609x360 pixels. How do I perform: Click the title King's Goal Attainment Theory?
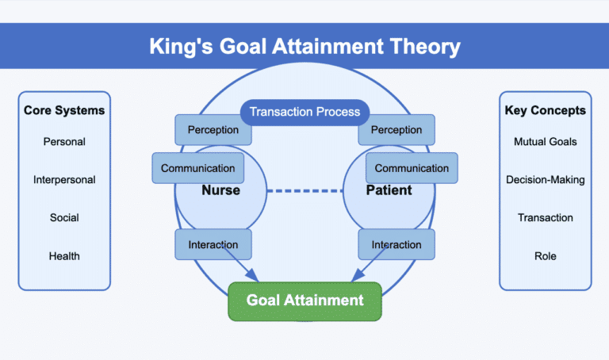(304, 46)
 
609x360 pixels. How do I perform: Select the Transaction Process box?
(304, 112)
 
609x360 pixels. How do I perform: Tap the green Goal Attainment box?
(304, 300)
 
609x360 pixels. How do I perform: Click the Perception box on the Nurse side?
(213, 129)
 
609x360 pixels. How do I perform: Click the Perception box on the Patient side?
(397, 129)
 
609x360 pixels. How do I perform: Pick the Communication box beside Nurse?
(197, 168)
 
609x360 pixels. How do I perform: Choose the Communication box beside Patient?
(412, 168)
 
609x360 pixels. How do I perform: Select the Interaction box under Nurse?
(213, 244)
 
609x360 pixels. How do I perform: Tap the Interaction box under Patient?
(397, 244)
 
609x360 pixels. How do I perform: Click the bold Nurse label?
(220, 191)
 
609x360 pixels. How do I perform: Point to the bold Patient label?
(389, 191)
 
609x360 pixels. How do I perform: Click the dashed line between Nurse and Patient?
(304, 191)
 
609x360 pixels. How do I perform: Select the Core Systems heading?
(64, 110)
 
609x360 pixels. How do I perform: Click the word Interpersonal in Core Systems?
(64, 180)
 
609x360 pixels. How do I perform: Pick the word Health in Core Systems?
(64, 256)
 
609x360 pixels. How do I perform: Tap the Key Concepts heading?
(545, 110)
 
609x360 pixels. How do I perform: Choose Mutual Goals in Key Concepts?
(545, 142)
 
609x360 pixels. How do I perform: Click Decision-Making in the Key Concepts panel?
(545, 180)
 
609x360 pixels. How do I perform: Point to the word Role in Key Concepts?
(545, 256)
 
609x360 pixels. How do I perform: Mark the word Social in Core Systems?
(64, 218)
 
